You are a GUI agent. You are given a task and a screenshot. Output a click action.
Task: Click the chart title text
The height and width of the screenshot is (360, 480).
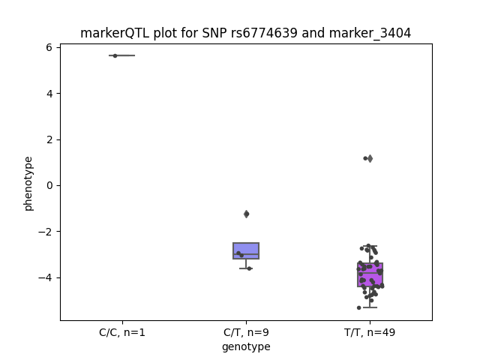click(245, 33)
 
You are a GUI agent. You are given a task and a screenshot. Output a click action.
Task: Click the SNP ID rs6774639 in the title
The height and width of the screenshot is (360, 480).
click(264, 33)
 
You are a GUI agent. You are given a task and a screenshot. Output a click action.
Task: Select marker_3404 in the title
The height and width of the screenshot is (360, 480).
click(370, 33)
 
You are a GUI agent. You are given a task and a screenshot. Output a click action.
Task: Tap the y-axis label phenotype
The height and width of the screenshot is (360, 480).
click(28, 184)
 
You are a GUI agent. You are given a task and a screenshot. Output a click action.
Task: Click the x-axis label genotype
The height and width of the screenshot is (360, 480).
click(246, 347)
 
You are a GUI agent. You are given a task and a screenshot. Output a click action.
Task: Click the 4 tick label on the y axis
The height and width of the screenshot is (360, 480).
click(49, 93)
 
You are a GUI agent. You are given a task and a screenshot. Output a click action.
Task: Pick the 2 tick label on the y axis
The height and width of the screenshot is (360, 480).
click(49, 139)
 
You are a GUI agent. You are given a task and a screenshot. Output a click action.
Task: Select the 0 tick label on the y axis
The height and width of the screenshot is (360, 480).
click(49, 185)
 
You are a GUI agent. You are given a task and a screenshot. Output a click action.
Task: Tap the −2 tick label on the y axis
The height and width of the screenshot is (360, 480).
click(45, 232)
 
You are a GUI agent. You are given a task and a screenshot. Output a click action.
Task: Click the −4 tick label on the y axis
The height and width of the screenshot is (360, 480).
click(45, 277)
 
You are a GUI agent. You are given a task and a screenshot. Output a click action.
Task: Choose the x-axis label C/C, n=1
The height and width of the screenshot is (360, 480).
click(122, 332)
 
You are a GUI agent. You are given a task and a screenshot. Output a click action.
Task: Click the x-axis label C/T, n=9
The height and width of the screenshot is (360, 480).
click(246, 332)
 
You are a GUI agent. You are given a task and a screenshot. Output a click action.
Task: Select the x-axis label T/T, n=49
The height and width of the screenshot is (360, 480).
click(370, 332)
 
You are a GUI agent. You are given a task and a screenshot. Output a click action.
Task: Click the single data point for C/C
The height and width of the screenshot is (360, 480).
click(115, 55)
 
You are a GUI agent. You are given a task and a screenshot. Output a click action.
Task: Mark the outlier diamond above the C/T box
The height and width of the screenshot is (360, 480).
click(247, 214)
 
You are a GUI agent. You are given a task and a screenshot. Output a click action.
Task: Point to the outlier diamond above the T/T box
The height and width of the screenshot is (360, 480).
click(370, 158)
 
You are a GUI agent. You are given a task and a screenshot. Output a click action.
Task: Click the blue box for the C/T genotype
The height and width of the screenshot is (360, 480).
click(246, 250)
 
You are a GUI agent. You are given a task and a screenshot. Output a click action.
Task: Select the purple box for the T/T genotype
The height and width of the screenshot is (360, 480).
click(370, 274)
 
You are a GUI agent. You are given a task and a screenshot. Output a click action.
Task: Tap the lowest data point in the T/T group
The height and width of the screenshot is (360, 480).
click(359, 307)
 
